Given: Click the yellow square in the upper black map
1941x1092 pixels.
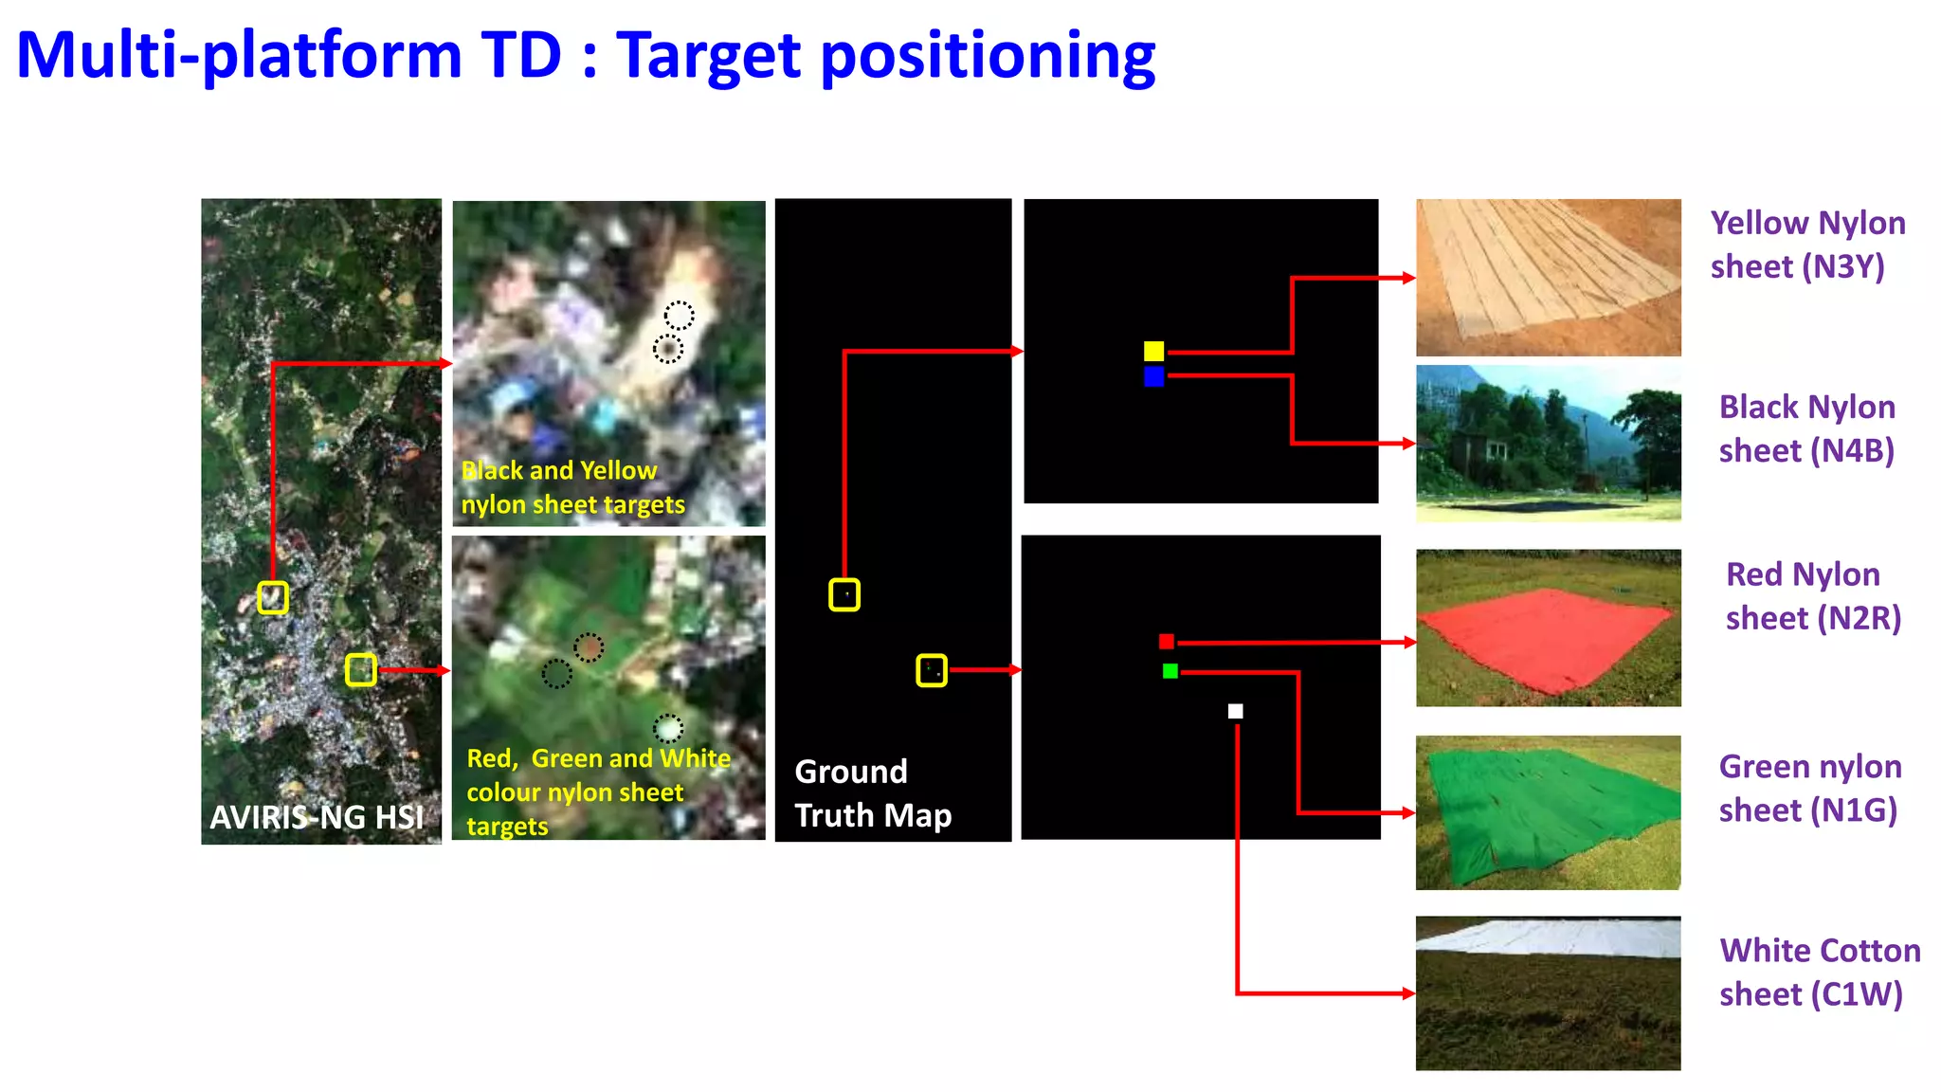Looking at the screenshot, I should click(x=1153, y=351).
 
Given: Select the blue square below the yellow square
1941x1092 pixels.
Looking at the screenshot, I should click(x=1153, y=376).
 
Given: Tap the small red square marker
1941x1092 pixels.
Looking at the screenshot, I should click(x=1167, y=642).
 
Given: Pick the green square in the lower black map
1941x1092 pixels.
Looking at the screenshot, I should click(x=1170, y=671).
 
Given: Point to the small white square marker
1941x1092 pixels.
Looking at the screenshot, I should click(x=1235, y=711).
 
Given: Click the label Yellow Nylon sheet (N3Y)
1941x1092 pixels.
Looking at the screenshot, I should click(x=1806, y=245).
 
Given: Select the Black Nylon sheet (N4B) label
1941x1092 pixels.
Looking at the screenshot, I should click(x=1806, y=428).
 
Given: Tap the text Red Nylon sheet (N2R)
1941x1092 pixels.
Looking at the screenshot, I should click(x=1812, y=596).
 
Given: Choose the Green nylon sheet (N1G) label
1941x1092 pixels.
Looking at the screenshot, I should click(x=1809, y=788).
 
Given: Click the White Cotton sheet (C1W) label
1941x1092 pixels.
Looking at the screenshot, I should click(x=1819, y=972).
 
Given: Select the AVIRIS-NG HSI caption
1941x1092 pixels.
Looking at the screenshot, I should click(x=317, y=817).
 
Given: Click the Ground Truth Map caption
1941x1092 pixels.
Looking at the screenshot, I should click(x=872, y=793).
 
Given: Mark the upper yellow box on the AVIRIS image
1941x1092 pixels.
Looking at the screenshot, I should click(x=273, y=597).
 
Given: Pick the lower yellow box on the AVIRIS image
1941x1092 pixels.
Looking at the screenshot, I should click(x=360, y=669).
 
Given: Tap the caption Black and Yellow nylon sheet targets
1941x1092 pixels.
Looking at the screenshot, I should click(x=572, y=487).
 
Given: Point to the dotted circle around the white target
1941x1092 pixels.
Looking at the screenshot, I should click(x=668, y=728).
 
